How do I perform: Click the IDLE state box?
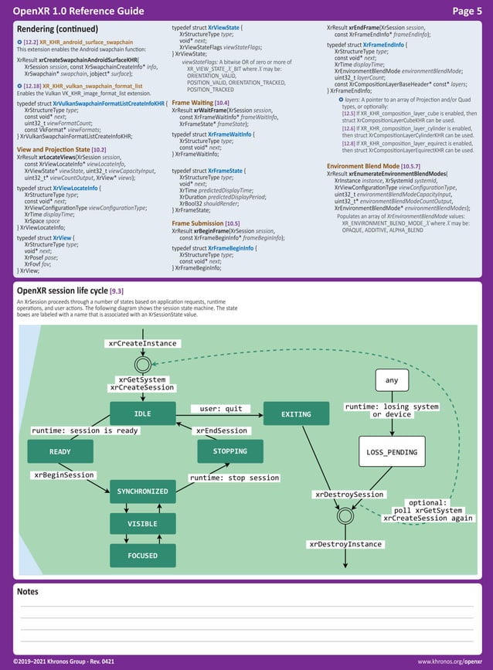point(143,413)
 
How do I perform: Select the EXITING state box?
point(296,414)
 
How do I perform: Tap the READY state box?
point(60,451)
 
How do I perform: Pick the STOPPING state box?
point(230,451)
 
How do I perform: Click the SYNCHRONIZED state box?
point(142,491)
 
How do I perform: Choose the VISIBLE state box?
point(142,524)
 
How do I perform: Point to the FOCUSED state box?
point(142,556)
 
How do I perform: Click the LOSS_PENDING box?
point(392,452)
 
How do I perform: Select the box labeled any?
point(392,380)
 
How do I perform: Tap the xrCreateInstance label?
point(142,342)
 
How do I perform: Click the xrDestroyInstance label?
point(345,545)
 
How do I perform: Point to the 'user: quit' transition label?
point(221,409)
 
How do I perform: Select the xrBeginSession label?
point(64,475)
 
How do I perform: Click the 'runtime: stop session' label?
point(234,478)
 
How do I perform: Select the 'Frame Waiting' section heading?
point(191,103)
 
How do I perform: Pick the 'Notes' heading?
point(28,592)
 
